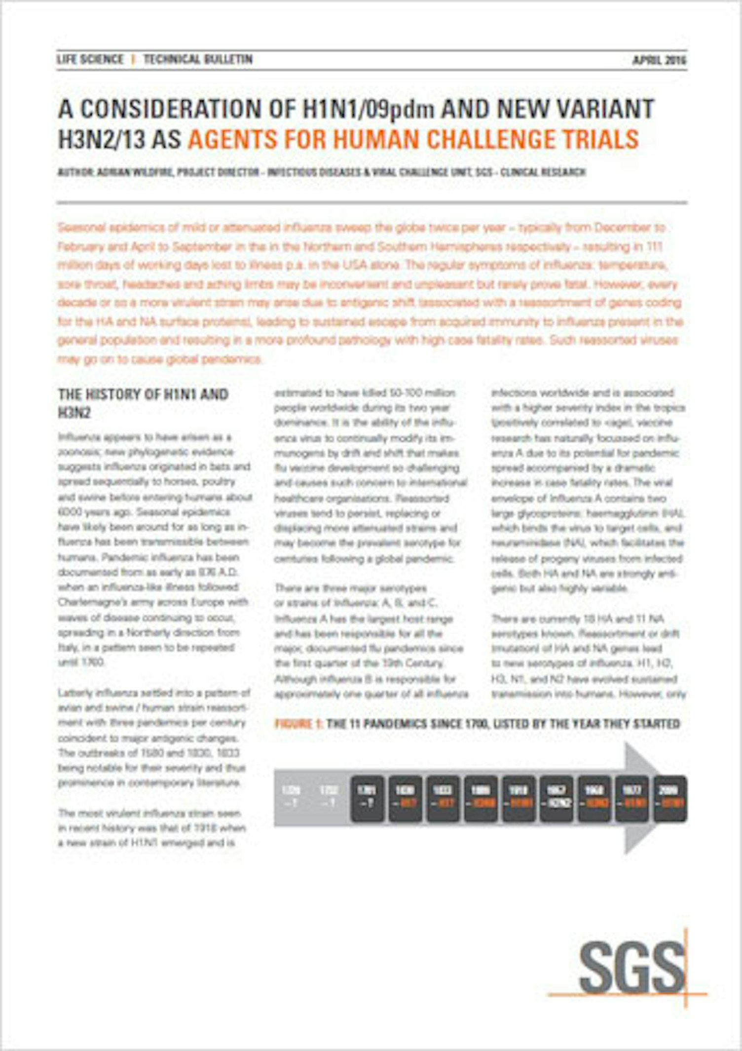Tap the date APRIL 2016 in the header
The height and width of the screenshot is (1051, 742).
coord(659,60)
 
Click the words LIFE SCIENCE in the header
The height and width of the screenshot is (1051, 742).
coord(90,60)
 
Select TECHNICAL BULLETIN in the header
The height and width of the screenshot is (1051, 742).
coord(198,60)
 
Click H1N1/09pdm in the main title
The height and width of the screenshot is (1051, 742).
coord(368,109)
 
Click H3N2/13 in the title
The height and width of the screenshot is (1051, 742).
coord(102,139)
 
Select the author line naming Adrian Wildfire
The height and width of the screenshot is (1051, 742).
coord(321,172)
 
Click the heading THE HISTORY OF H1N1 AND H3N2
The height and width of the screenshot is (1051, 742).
coord(143,403)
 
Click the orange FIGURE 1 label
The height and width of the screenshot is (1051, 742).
coord(298,724)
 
